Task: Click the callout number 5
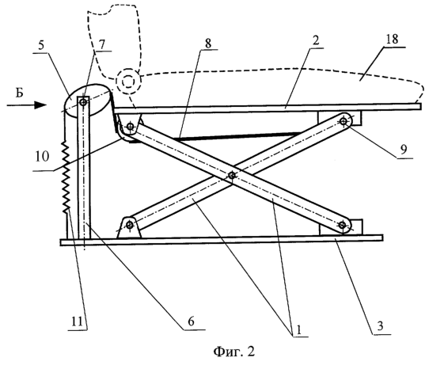[x=41, y=45]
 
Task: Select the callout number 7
[x=101, y=44]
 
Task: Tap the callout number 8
[x=208, y=44]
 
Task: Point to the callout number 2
[x=316, y=41]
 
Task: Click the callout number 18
[x=392, y=40]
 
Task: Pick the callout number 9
[x=404, y=150]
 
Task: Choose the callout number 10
[x=42, y=157]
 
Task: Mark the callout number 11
[x=77, y=321]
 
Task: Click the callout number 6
[x=192, y=321]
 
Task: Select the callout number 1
[x=298, y=330]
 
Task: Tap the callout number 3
[x=380, y=326]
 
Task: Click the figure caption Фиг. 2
[x=234, y=352]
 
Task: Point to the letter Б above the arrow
[x=19, y=93]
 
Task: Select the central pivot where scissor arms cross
[x=232, y=175]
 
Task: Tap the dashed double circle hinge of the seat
[x=128, y=81]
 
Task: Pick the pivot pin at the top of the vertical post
[x=83, y=103]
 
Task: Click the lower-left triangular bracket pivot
[x=129, y=226]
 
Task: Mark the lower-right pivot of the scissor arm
[x=342, y=225]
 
